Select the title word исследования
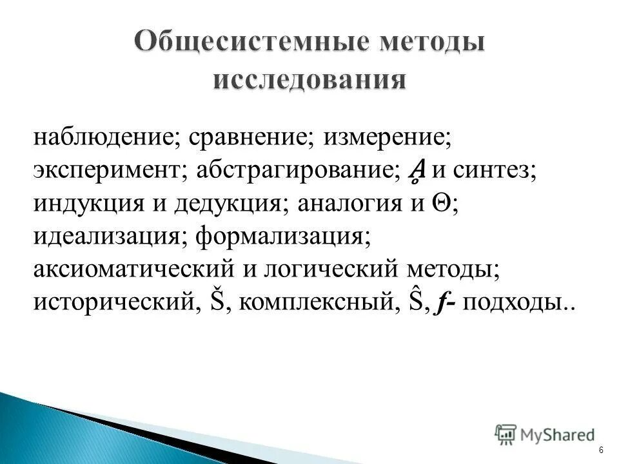tap(309, 81)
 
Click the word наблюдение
tap(108, 138)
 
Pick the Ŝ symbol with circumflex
tap(417, 300)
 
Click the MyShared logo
tap(545, 434)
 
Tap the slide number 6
tap(601, 449)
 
